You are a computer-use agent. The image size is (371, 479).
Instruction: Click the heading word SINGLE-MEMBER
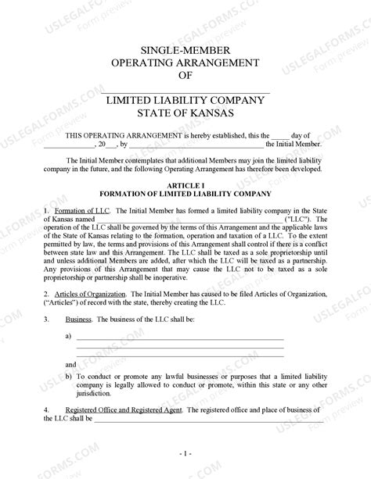[x=185, y=48]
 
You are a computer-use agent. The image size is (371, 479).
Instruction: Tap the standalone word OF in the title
[x=185, y=76]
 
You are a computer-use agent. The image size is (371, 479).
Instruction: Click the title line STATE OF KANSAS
[x=185, y=114]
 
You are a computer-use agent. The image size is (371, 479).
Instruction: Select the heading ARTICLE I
[x=185, y=184]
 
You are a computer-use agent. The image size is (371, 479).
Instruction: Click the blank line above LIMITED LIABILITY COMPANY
[x=185, y=92]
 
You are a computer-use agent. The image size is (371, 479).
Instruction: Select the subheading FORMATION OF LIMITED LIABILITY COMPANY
[x=185, y=193]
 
